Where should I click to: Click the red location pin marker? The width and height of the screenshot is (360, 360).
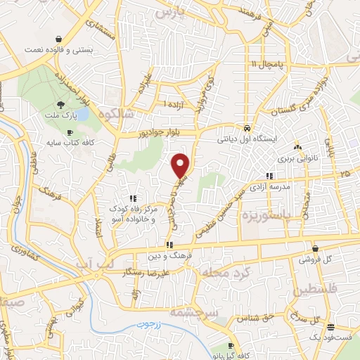(181, 165)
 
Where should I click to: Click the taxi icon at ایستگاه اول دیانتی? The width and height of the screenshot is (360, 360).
(247, 129)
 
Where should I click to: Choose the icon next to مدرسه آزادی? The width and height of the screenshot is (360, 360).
(269, 175)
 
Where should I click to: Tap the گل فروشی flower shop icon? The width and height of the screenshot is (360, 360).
(314, 248)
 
